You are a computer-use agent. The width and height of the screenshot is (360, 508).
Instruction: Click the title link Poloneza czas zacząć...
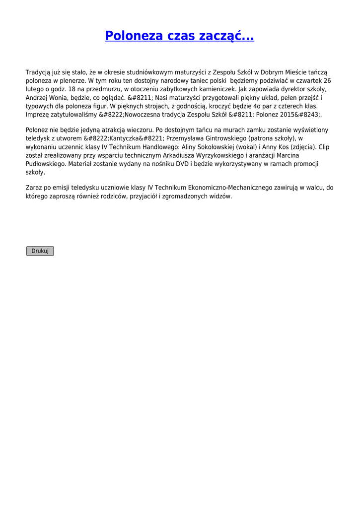pyautogui.click(x=179, y=36)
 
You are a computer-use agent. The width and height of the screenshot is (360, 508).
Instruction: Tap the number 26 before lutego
pyautogui.click(x=327, y=80)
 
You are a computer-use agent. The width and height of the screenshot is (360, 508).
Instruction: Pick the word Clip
pyautogui.click(x=323, y=147)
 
